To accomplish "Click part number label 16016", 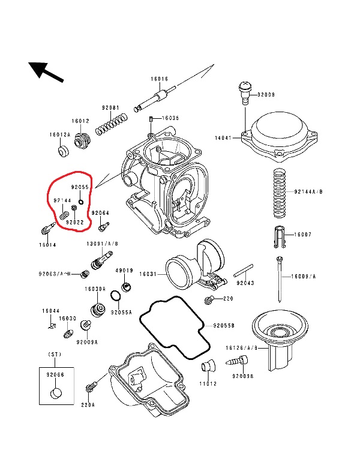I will (x=159, y=79).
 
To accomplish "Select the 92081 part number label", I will (x=110, y=108).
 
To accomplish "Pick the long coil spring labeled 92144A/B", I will (x=278, y=192).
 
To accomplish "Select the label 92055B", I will (x=223, y=325).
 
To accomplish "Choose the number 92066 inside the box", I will (x=55, y=374).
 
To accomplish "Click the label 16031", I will (x=148, y=274).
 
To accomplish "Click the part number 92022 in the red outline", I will (x=74, y=222).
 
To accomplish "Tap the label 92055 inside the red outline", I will (x=79, y=187).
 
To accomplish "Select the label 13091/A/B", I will (x=103, y=244).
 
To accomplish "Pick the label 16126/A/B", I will (x=242, y=347).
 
